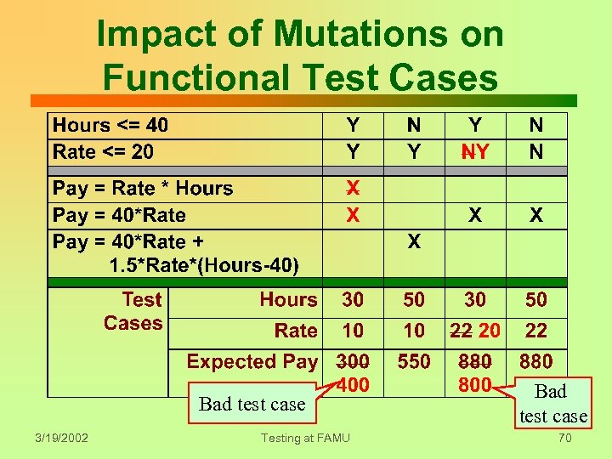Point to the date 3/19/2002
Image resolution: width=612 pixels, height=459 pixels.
[x=61, y=438]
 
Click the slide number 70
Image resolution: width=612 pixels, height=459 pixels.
[x=563, y=439]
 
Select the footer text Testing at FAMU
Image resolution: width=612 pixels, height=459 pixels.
[x=305, y=438]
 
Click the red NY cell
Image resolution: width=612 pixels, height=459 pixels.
[x=475, y=152]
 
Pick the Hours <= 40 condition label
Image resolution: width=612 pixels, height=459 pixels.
[x=110, y=126]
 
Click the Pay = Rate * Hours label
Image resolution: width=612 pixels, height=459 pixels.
[x=143, y=188]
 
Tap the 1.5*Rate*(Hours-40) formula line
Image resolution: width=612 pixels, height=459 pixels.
[x=204, y=266]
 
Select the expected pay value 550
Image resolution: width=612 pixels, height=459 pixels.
[x=414, y=361]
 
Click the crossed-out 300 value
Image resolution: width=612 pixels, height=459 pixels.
[x=353, y=361]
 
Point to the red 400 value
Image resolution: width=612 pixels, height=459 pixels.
[x=353, y=385]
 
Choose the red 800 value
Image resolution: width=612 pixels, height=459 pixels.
[x=475, y=384]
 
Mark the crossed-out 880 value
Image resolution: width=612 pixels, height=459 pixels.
[x=475, y=361]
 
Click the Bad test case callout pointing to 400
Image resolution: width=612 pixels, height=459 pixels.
[x=252, y=404]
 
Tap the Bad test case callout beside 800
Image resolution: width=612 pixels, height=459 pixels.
[x=552, y=403]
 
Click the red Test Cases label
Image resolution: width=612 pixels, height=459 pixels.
[x=133, y=311]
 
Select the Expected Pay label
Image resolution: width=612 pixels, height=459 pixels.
[x=252, y=361]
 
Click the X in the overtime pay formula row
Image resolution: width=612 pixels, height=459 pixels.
[x=414, y=242]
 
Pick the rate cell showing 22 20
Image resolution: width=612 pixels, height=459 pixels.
[x=475, y=331]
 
